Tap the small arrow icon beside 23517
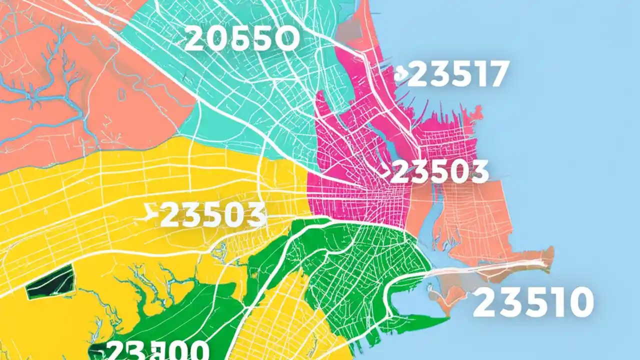[x=400, y=75]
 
